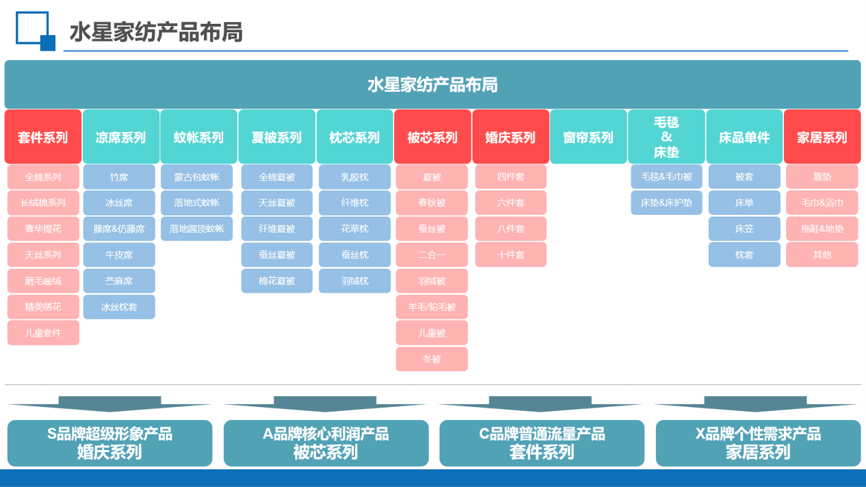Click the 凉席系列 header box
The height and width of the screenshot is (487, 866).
(x=121, y=137)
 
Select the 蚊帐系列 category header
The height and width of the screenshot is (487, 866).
(x=198, y=137)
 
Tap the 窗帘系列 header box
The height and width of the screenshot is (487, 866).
(x=588, y=137)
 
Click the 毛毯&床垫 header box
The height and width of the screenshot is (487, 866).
(x=666, y=137)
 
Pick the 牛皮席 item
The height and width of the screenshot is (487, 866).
(x=119, y=255)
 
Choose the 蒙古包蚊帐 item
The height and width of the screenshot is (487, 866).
(x=197, y=177)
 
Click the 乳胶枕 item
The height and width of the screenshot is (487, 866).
(x=354, y=177)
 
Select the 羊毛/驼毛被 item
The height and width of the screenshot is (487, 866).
(x=432, y=307)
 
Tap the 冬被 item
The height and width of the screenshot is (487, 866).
(x=432, y=359)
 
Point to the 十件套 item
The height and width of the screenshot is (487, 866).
(x=511, y=255)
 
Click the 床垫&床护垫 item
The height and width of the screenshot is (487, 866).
(x=666, y=203)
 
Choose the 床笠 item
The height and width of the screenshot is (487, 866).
(x=744, y=229)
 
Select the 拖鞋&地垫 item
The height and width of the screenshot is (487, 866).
(x=822, y=229)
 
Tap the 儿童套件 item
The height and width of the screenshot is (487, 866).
(x=43, y=333)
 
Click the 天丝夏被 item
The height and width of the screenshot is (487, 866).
(x=276, y=203)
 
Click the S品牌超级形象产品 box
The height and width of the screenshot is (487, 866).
(x=109, y=443)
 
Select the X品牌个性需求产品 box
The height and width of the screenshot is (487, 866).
(x=758, y=443)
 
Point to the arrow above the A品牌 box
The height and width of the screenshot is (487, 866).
(x=325, y=404)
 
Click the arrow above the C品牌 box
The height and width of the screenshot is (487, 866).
(x=540, y=404)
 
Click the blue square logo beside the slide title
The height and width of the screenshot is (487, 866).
(x=34, y=30)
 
